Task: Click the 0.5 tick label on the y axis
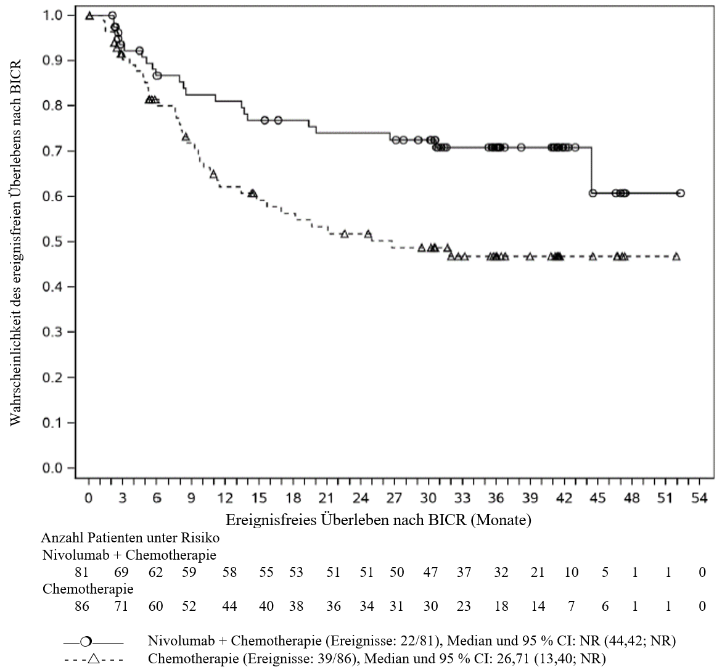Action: coord(52,241)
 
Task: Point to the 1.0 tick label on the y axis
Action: coord(52,15)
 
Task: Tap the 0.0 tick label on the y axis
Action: coord(52,468)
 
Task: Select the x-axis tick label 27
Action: coord(394,499)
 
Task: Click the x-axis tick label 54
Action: coord(699,499)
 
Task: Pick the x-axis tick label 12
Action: coord(224,499)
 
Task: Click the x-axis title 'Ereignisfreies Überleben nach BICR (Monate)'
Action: coord(379,520)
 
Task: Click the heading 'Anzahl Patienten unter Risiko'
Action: coord(130,537)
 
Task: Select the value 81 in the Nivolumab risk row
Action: coord(81,572)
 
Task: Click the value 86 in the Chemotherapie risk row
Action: coord(81,606)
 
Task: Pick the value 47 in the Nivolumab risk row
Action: coord(430,572)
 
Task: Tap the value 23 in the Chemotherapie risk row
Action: coord(464,606)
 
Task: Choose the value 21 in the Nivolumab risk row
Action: coord(538,572)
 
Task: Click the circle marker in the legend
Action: coord(86,642)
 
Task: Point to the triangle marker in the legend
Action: coord(94,659)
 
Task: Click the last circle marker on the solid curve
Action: coord(681,193)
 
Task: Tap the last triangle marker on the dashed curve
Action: coord(676,256)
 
